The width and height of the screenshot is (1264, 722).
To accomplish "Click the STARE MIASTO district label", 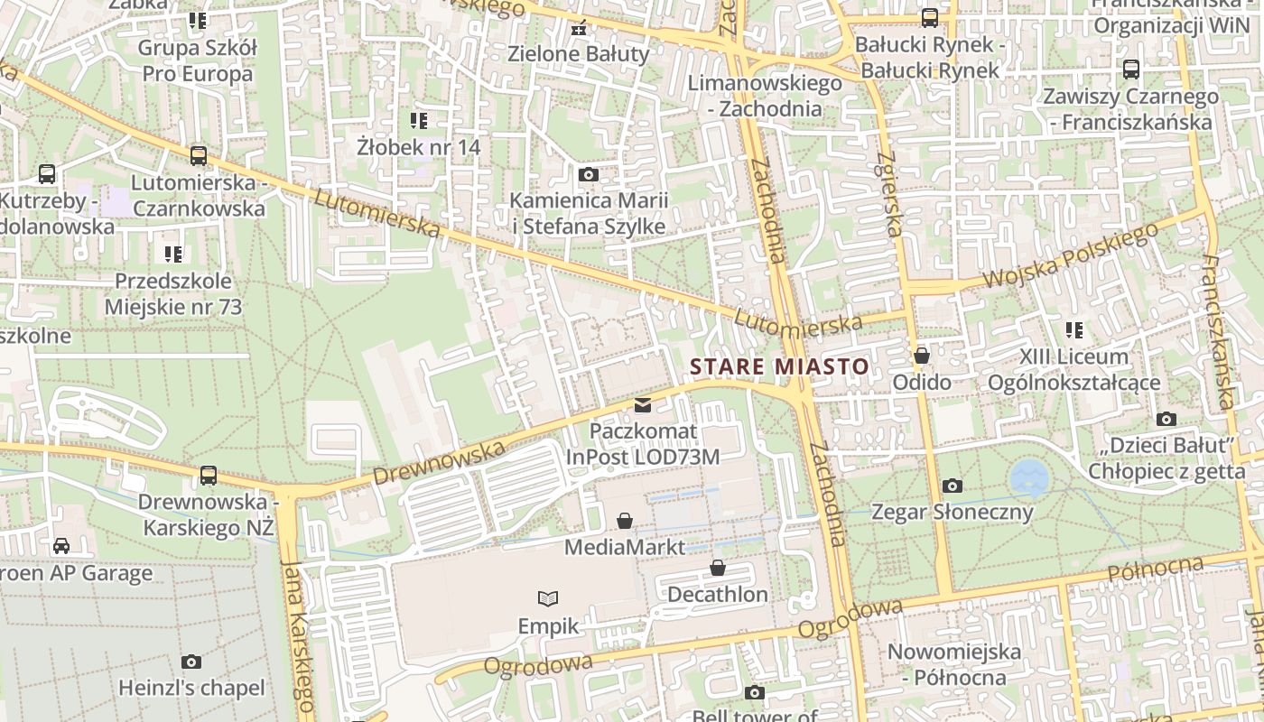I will point(779,366).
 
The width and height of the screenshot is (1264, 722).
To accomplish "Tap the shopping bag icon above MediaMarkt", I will point(624,521).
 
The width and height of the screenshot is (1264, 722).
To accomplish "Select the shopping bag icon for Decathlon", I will point(718,568).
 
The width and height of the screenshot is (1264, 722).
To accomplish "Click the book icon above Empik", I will point(547,598).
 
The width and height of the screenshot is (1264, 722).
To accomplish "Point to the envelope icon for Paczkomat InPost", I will point(643,405).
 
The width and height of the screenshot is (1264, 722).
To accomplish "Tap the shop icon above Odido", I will point(921,356).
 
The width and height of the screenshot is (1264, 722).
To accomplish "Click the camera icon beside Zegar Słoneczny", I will point(952,486).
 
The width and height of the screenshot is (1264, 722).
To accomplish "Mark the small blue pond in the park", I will point(1027,478).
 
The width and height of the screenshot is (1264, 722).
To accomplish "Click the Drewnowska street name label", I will point(438,461).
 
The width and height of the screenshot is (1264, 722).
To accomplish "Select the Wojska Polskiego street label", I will point(1070,257).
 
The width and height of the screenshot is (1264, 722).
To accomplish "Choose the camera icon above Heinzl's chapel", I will point(191,662).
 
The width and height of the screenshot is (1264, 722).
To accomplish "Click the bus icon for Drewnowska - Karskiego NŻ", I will point(209,475).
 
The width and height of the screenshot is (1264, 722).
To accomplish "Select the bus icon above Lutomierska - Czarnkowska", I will point(199,156).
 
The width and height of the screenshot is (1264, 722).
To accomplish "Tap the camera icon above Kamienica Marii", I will point(589,174).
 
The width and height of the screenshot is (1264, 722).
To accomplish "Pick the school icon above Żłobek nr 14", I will point(419,120).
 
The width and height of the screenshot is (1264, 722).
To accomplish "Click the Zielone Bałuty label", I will point(579,53).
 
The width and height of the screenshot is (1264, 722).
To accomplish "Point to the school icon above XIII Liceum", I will point(1073,330).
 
